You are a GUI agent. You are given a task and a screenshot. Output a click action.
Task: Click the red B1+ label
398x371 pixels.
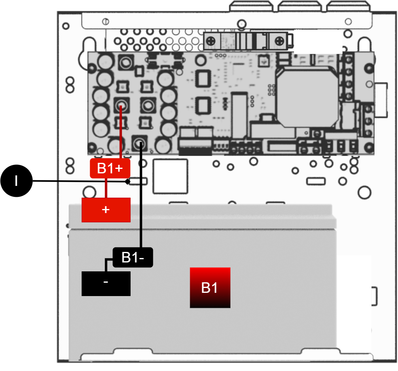click(x=107, y=168)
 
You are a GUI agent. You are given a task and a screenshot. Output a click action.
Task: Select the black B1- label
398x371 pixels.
click(x=133, y=257)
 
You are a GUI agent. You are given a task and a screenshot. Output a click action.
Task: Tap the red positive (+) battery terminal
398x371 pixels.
click(x=106, y=210)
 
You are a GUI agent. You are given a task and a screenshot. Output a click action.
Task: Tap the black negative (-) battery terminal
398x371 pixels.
click(x=106, y=284)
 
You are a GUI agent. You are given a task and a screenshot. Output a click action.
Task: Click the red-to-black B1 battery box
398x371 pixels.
click(x=210, y=288)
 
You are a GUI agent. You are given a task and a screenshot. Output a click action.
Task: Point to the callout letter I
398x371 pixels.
click(x=16, y=181)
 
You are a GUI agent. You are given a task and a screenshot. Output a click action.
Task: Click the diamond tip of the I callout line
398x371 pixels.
click(x=127, y=181)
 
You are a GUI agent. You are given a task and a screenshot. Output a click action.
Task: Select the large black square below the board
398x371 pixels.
click(x=170, y=176)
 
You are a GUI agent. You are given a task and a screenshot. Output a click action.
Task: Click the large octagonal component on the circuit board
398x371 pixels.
click(x=307, y=96)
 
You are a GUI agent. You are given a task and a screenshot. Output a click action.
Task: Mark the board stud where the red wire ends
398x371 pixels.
click(x=121, y=107)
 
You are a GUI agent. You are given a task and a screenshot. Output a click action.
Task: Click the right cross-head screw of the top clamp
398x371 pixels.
click(x=279, y=41)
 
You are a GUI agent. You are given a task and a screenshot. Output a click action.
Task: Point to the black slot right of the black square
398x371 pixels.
click(x=316, y=181)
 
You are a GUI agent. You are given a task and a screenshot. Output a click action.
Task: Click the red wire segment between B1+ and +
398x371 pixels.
click(x=106, y=188)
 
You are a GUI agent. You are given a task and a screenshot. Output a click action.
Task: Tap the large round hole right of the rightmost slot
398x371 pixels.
click(x=364, y=192)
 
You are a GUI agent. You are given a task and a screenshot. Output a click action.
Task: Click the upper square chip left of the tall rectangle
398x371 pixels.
click(x=202, y=77)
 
